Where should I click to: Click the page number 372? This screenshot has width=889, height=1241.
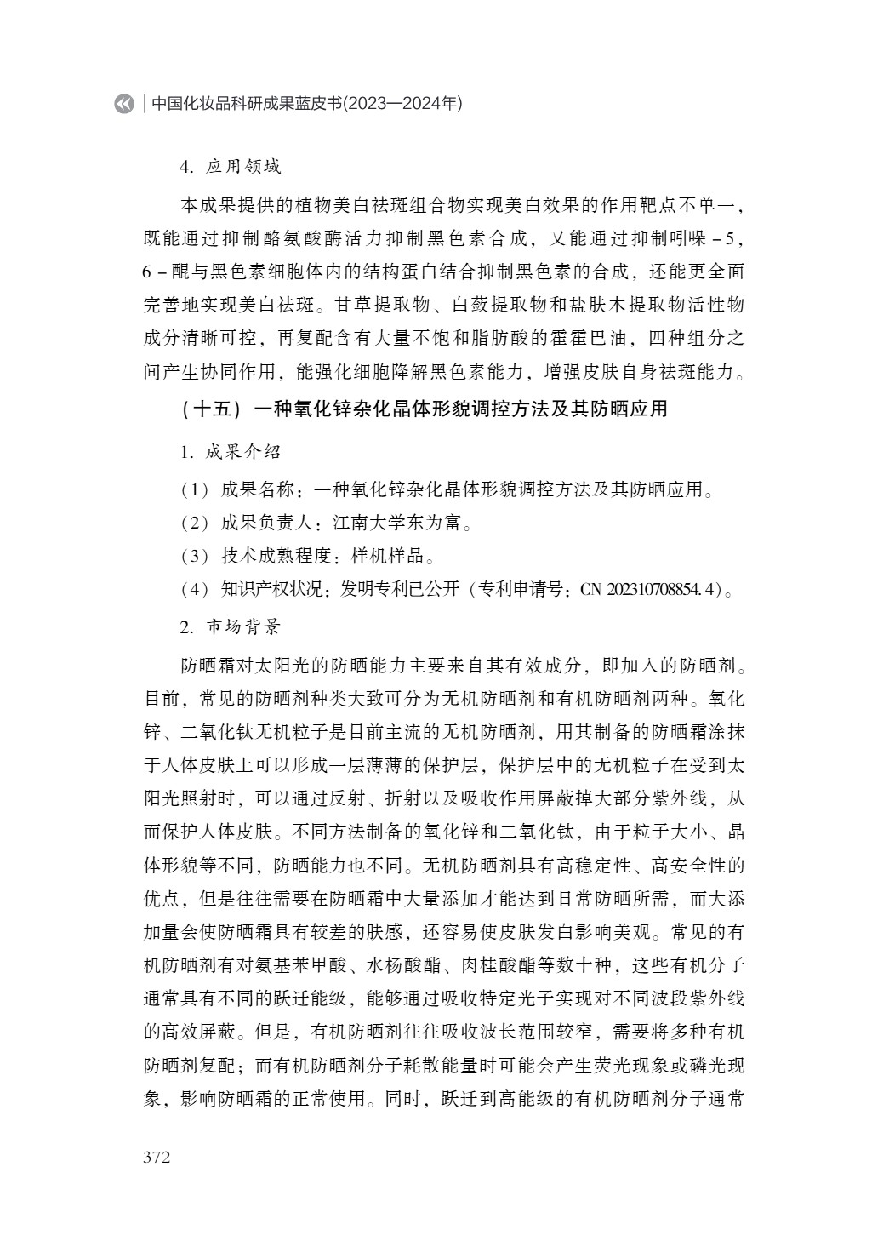[x=157, y=1157]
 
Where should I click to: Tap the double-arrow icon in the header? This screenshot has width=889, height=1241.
[x=124, y=104]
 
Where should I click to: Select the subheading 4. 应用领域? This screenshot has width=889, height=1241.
[x=230, y=167]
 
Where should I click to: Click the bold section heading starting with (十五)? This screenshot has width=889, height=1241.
[x=425, y=409]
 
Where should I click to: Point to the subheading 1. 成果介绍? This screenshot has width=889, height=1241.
[x=230, y=451]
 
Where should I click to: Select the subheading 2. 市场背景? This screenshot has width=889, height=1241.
[x=230, y=627]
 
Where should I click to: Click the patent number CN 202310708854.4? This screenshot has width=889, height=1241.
[x=650, y=590]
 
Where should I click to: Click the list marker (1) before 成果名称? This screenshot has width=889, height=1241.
[x=195, y=489]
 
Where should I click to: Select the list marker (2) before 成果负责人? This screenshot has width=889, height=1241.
[x=195, y=523]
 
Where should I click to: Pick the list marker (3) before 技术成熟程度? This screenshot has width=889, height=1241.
[x=195, y=557]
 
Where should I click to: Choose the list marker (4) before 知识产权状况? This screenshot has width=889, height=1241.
[x=195, y=590]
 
